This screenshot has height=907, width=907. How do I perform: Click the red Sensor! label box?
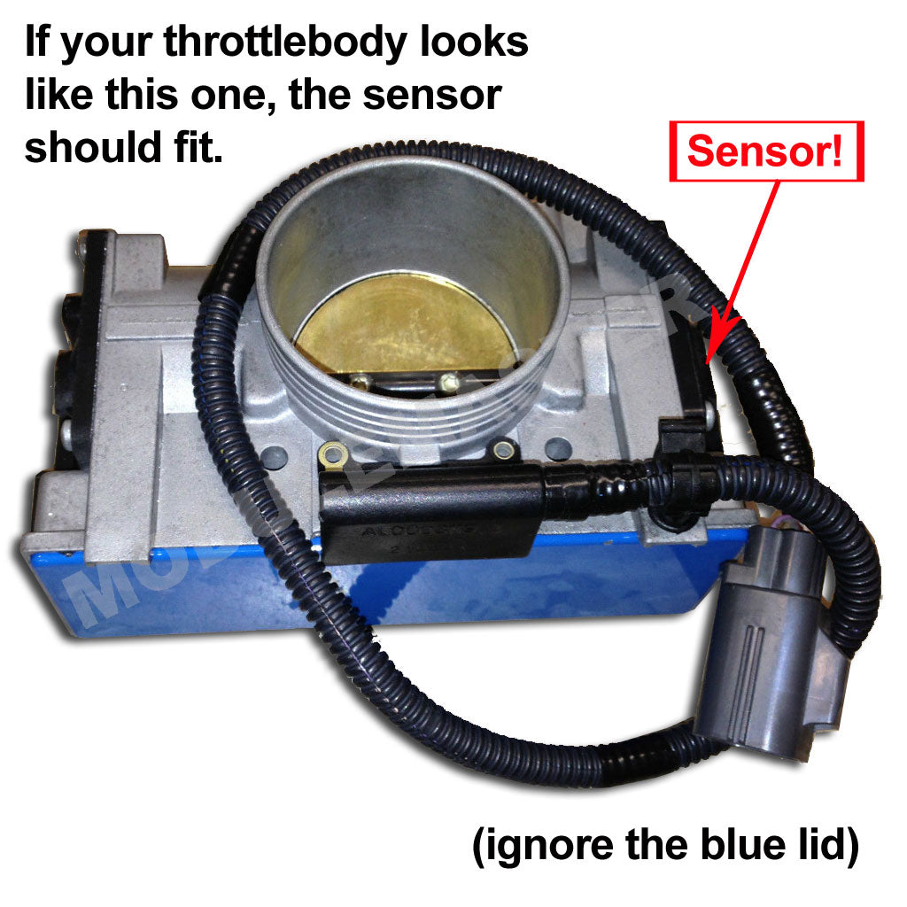point(766,151)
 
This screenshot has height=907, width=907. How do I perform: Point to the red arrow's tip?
point(709,362)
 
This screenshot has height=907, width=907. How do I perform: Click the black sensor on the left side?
point(75,372)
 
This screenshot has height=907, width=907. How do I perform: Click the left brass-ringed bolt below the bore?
point(334,453)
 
